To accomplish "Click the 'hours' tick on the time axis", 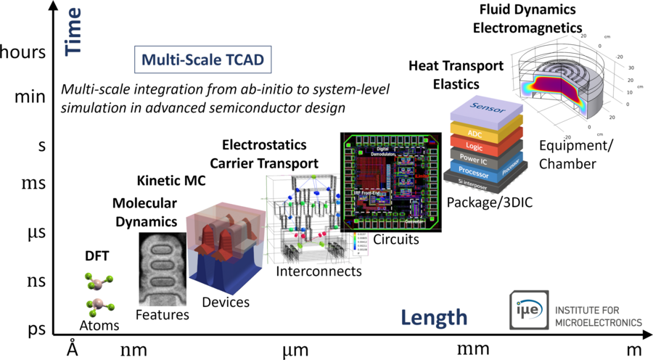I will [x=25, y=52].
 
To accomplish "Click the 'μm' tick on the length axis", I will [x=295, y=350].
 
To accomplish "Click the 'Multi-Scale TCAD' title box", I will [x=203, y=60].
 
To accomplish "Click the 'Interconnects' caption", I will [x=319, y=271].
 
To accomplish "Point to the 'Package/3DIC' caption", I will [x=490, y=202].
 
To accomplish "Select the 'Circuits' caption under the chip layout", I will [x=395, y=239].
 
